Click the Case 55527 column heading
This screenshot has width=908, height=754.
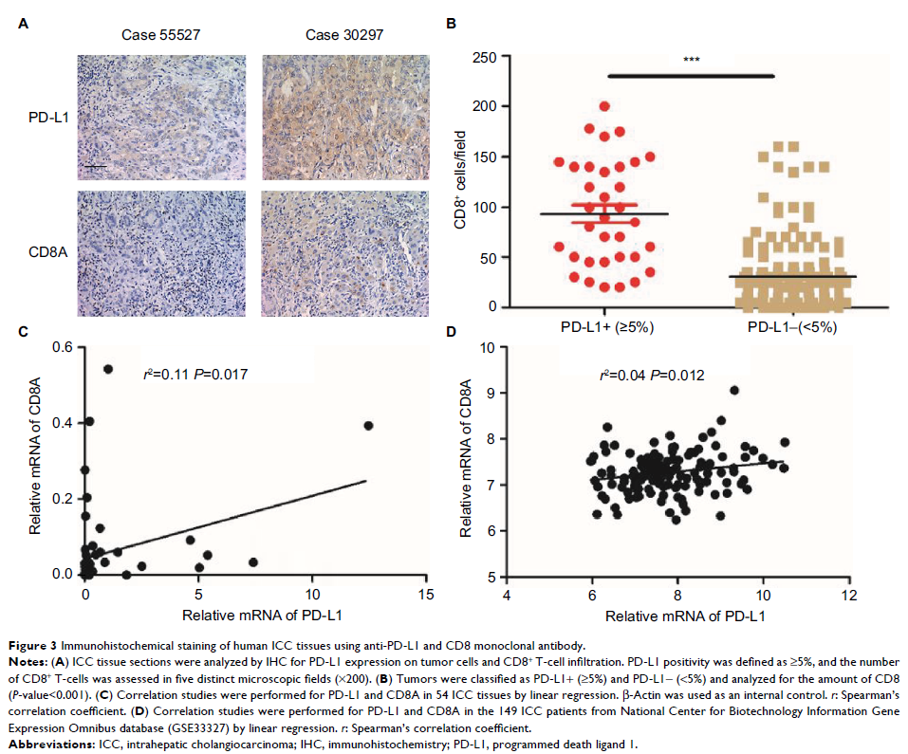[x=161, y=36]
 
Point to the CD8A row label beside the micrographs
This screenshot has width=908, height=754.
[x=44, y=252]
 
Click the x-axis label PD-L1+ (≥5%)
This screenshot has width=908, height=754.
[x=603, y=326]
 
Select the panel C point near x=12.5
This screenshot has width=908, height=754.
[x=368, y=425]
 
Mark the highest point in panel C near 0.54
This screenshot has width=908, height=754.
[x=108, y=368]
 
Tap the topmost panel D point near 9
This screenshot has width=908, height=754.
[x=733, y=390]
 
